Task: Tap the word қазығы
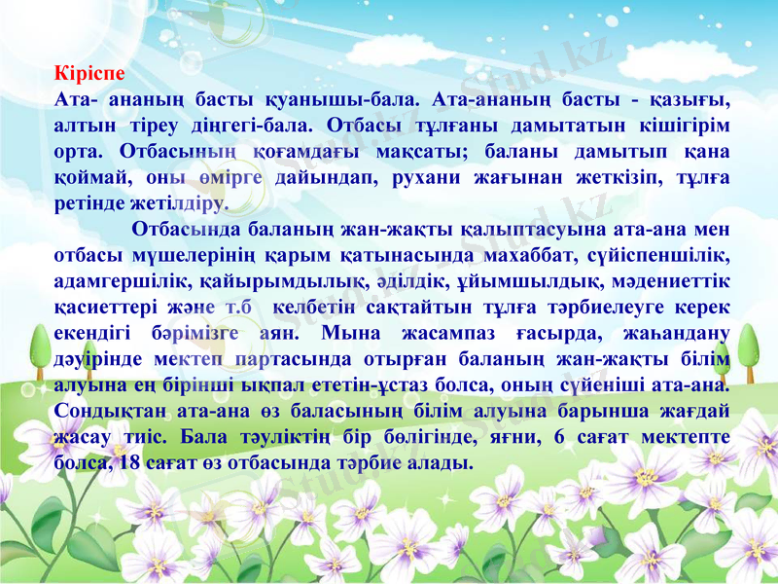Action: pos(694,99)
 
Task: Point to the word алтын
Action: pos(83,126)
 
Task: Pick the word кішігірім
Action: pos(681,126)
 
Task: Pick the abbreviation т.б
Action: pos(242,309)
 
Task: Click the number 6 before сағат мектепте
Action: pos(559,438)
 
